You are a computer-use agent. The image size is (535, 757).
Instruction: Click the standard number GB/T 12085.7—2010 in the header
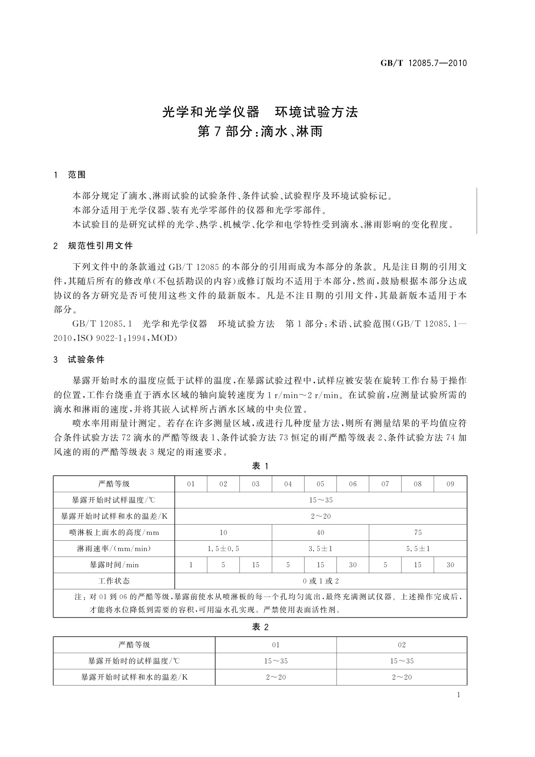point(424,63)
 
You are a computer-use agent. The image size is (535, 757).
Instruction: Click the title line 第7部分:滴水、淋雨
point(260,132)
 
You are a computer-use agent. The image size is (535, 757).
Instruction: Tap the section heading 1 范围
point(70,174)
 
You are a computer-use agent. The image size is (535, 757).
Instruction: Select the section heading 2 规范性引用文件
point(93,246)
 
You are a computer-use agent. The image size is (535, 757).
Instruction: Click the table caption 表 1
point(260,466)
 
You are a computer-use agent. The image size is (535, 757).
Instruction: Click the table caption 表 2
point(260,627)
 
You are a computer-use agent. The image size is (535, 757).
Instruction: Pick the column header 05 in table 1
point(320,484)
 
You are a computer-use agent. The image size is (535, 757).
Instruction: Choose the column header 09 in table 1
point(450,484)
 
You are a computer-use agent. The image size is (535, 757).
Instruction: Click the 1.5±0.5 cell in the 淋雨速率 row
point(223,549)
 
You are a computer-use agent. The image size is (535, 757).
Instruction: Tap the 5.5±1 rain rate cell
point(418,549)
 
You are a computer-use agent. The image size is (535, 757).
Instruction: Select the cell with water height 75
point(418,533)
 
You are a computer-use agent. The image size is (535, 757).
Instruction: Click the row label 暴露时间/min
point(114,565)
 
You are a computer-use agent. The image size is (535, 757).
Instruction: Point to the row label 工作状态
point(114,581)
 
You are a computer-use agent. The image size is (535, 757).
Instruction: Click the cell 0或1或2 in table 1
point(320,581)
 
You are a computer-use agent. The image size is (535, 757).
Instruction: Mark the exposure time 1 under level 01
point(191,565)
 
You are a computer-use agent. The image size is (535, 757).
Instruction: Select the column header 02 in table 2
point(402,645)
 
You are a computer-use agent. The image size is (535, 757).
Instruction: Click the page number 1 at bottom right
point(458,695)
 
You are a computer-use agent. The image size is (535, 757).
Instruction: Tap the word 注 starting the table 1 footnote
point(78,597)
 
